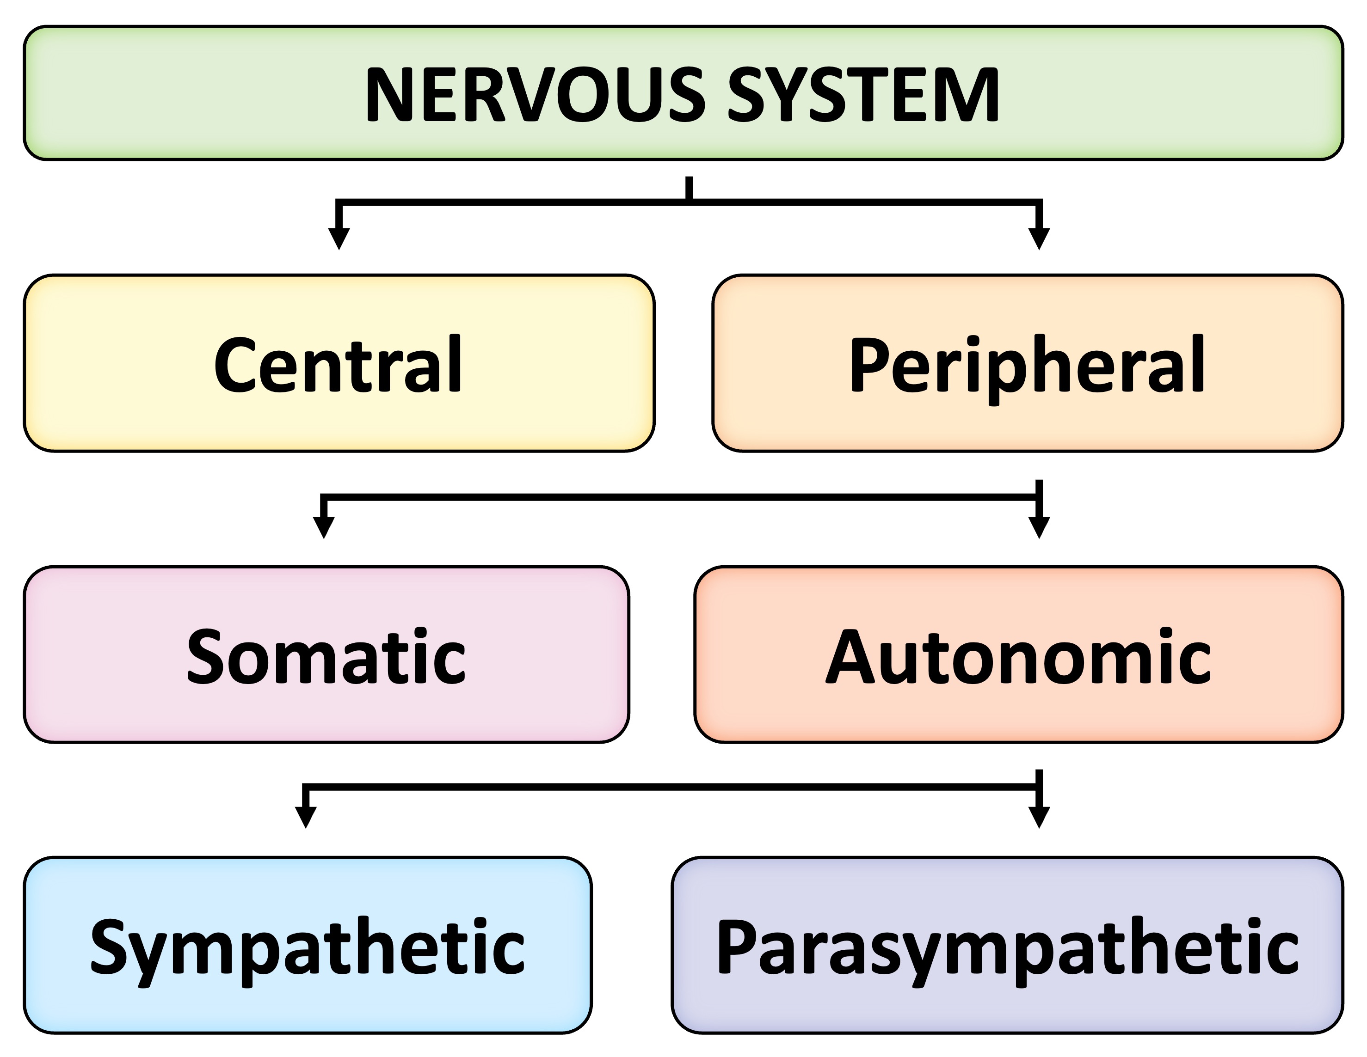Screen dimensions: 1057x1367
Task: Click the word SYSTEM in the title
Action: [x=864, y=95]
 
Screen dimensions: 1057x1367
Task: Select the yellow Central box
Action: [x=339, y=363]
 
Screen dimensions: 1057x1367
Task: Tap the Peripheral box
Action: [x=1027, y=363]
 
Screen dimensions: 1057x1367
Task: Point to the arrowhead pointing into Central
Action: [x=339, y=239]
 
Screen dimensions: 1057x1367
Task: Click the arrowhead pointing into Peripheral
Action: [x=1039, y=239]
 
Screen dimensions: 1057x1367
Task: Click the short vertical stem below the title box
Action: [x=689, y=188]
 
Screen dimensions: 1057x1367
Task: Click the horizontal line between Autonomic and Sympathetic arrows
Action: [x=670, y=787]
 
